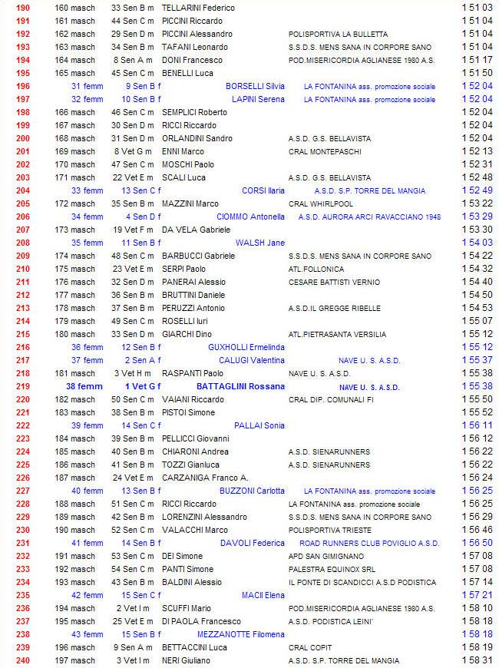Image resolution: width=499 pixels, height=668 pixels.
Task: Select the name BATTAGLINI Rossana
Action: [240, 386]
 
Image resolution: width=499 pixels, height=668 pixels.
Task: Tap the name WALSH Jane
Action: [260, 243]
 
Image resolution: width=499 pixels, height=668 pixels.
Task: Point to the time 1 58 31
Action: [477, 660]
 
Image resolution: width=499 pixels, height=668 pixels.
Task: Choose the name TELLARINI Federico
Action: [198, 8]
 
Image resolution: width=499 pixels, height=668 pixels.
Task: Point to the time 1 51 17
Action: [477, 60]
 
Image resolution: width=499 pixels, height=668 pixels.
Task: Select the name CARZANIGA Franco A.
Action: [205, 478]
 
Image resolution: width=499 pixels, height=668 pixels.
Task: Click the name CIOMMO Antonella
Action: [250, 217]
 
